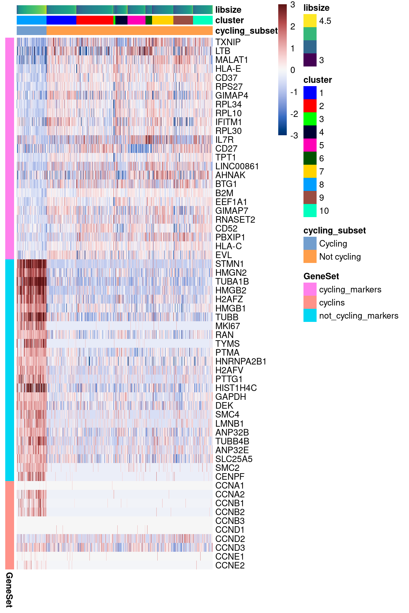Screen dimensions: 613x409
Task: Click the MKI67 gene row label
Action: (x=227, y=326)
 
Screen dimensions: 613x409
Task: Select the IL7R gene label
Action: (x=224, y=140)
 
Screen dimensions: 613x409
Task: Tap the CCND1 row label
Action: (x=230, y=530)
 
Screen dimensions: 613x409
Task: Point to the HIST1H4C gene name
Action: (x=236, y=388)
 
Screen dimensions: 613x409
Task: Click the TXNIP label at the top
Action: (x=228, y=42)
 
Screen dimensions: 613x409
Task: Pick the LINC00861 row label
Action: (x=237, y=166)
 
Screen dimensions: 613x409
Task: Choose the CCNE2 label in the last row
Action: (x=230, y=566)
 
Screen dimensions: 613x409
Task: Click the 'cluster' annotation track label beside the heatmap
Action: (x=229, y=20)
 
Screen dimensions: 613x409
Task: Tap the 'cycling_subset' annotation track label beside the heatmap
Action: (x=246, y=31)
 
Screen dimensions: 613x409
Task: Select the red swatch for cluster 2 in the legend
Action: (x=310, y=106)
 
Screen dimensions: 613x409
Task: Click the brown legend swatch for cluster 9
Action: (x=310, y=197)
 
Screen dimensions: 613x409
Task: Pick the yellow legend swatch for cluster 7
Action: (x=310, y=171)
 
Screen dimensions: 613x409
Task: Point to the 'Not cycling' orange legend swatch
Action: (x=310, y=256)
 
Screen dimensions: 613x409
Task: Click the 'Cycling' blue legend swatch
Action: (x=310, y=243)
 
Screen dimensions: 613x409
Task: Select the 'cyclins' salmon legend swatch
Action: (x=310, y=302)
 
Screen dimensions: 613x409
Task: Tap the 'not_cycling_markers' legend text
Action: (x=359, y=316)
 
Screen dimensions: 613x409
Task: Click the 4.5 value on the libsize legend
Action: (x=325, y=21)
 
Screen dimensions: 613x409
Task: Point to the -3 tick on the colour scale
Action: (x=294, y=136)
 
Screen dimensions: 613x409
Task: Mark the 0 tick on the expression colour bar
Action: (x=293, y=70)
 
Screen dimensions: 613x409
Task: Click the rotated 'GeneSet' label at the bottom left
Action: (x=9, y=589)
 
